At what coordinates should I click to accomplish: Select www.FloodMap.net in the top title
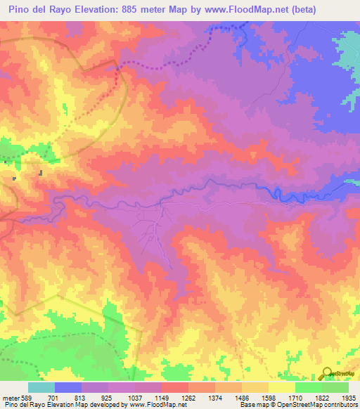tap(236, 9)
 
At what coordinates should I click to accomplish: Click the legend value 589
tap(27, 397)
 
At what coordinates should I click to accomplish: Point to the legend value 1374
tap(214, 397)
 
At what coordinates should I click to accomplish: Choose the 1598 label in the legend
tap(268, 397)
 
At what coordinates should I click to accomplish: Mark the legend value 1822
tap(321, 397)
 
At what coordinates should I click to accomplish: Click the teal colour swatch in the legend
tap(41, 387)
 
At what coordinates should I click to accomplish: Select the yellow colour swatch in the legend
tap(281, 387)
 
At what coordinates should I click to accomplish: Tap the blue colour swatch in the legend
tap(67, 387)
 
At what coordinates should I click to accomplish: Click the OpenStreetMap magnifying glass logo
tap(327, 373)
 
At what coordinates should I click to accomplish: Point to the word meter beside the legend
tap(9, 397)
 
